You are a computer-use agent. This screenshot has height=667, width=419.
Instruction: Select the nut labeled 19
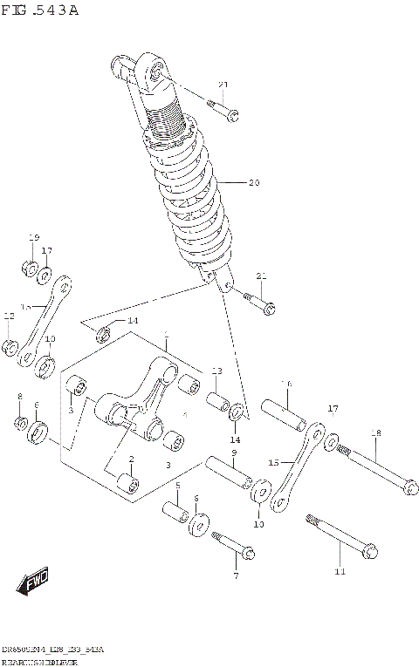[x=28, y=267]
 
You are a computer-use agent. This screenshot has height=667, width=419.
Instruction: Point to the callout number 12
[x=9, y=316]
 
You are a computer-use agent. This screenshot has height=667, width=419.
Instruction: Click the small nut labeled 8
[x=21, y=424]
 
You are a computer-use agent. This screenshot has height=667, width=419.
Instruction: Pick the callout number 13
[x=217, y=371]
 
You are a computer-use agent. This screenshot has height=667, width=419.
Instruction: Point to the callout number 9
[x=234, y=453]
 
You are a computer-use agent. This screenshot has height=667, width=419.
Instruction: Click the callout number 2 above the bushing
[x=131, y=459]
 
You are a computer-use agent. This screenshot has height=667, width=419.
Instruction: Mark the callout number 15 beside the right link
[x=273, y=462]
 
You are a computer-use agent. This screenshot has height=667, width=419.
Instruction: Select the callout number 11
[x=340, y=572]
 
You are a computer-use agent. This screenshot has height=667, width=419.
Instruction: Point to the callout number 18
[x=376, y=433]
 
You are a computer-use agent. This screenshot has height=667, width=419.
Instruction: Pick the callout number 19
[x=34, y=238]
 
